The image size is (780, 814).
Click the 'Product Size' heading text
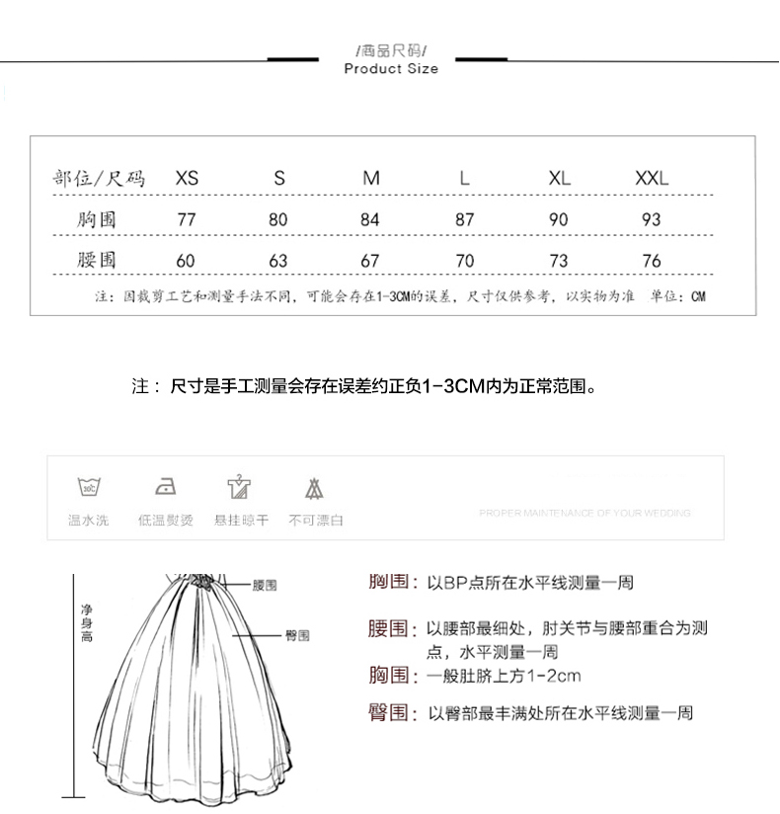(x=391, y=69)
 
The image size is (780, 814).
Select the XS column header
(x=187, y=179)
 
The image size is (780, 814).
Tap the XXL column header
(x=652, y=179)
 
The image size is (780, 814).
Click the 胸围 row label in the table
(x=97, y=219)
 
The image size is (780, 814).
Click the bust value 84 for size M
(x=370, y=220)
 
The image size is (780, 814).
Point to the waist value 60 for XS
(x=186, y=261)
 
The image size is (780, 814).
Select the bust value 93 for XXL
(x=651, y=220)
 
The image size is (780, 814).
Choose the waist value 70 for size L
(x=465, y=261)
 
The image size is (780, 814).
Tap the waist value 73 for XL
(x=559, y=261)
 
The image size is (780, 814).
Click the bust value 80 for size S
(x=278, y=220)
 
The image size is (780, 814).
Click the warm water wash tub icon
(x=89, y=486)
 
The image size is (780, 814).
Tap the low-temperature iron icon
(x=166, y=486)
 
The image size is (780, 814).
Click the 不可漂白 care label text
(x=316, y=520)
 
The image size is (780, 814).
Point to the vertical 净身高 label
(x=87, y=624)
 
